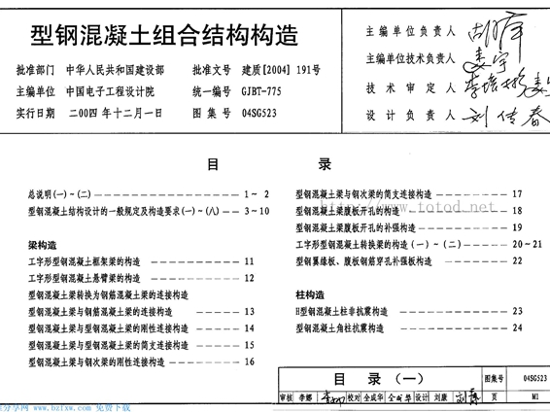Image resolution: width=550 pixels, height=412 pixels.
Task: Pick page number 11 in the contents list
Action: [250, 261]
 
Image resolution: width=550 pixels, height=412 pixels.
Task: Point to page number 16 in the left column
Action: [250, 361]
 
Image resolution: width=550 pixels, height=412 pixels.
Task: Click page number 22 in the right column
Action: [517, 260]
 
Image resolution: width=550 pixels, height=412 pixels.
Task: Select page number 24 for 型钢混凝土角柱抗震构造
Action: [518, 327]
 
